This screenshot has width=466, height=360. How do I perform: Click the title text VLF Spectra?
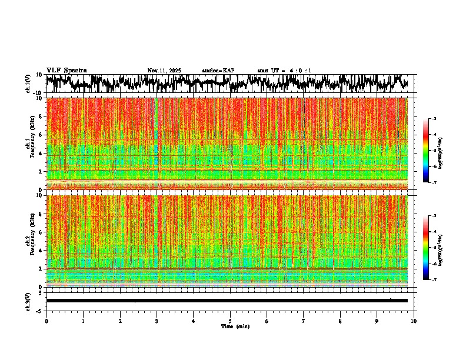66,70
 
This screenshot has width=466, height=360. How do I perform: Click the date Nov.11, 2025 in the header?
164,71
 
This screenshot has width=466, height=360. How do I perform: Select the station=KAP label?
218,71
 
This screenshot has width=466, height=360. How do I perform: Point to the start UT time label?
284,71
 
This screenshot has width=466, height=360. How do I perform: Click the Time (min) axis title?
235,326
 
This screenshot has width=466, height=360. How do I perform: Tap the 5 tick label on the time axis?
230,321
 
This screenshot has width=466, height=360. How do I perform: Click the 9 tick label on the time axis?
377,321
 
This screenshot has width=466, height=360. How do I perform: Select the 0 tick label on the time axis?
46,321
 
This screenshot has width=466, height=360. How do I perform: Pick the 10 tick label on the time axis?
414,321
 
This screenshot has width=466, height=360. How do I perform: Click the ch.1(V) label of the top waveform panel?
28,84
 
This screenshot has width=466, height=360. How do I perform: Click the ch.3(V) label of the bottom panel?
28,300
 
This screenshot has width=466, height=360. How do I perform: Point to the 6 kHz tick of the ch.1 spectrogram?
41,135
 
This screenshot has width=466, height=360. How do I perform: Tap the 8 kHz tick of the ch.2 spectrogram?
41,214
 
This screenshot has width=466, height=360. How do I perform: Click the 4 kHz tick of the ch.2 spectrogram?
41,250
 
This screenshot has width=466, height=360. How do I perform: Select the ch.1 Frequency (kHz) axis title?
31,144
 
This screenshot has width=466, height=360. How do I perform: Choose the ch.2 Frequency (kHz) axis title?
31,241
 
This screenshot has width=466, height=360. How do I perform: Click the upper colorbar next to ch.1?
426,151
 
